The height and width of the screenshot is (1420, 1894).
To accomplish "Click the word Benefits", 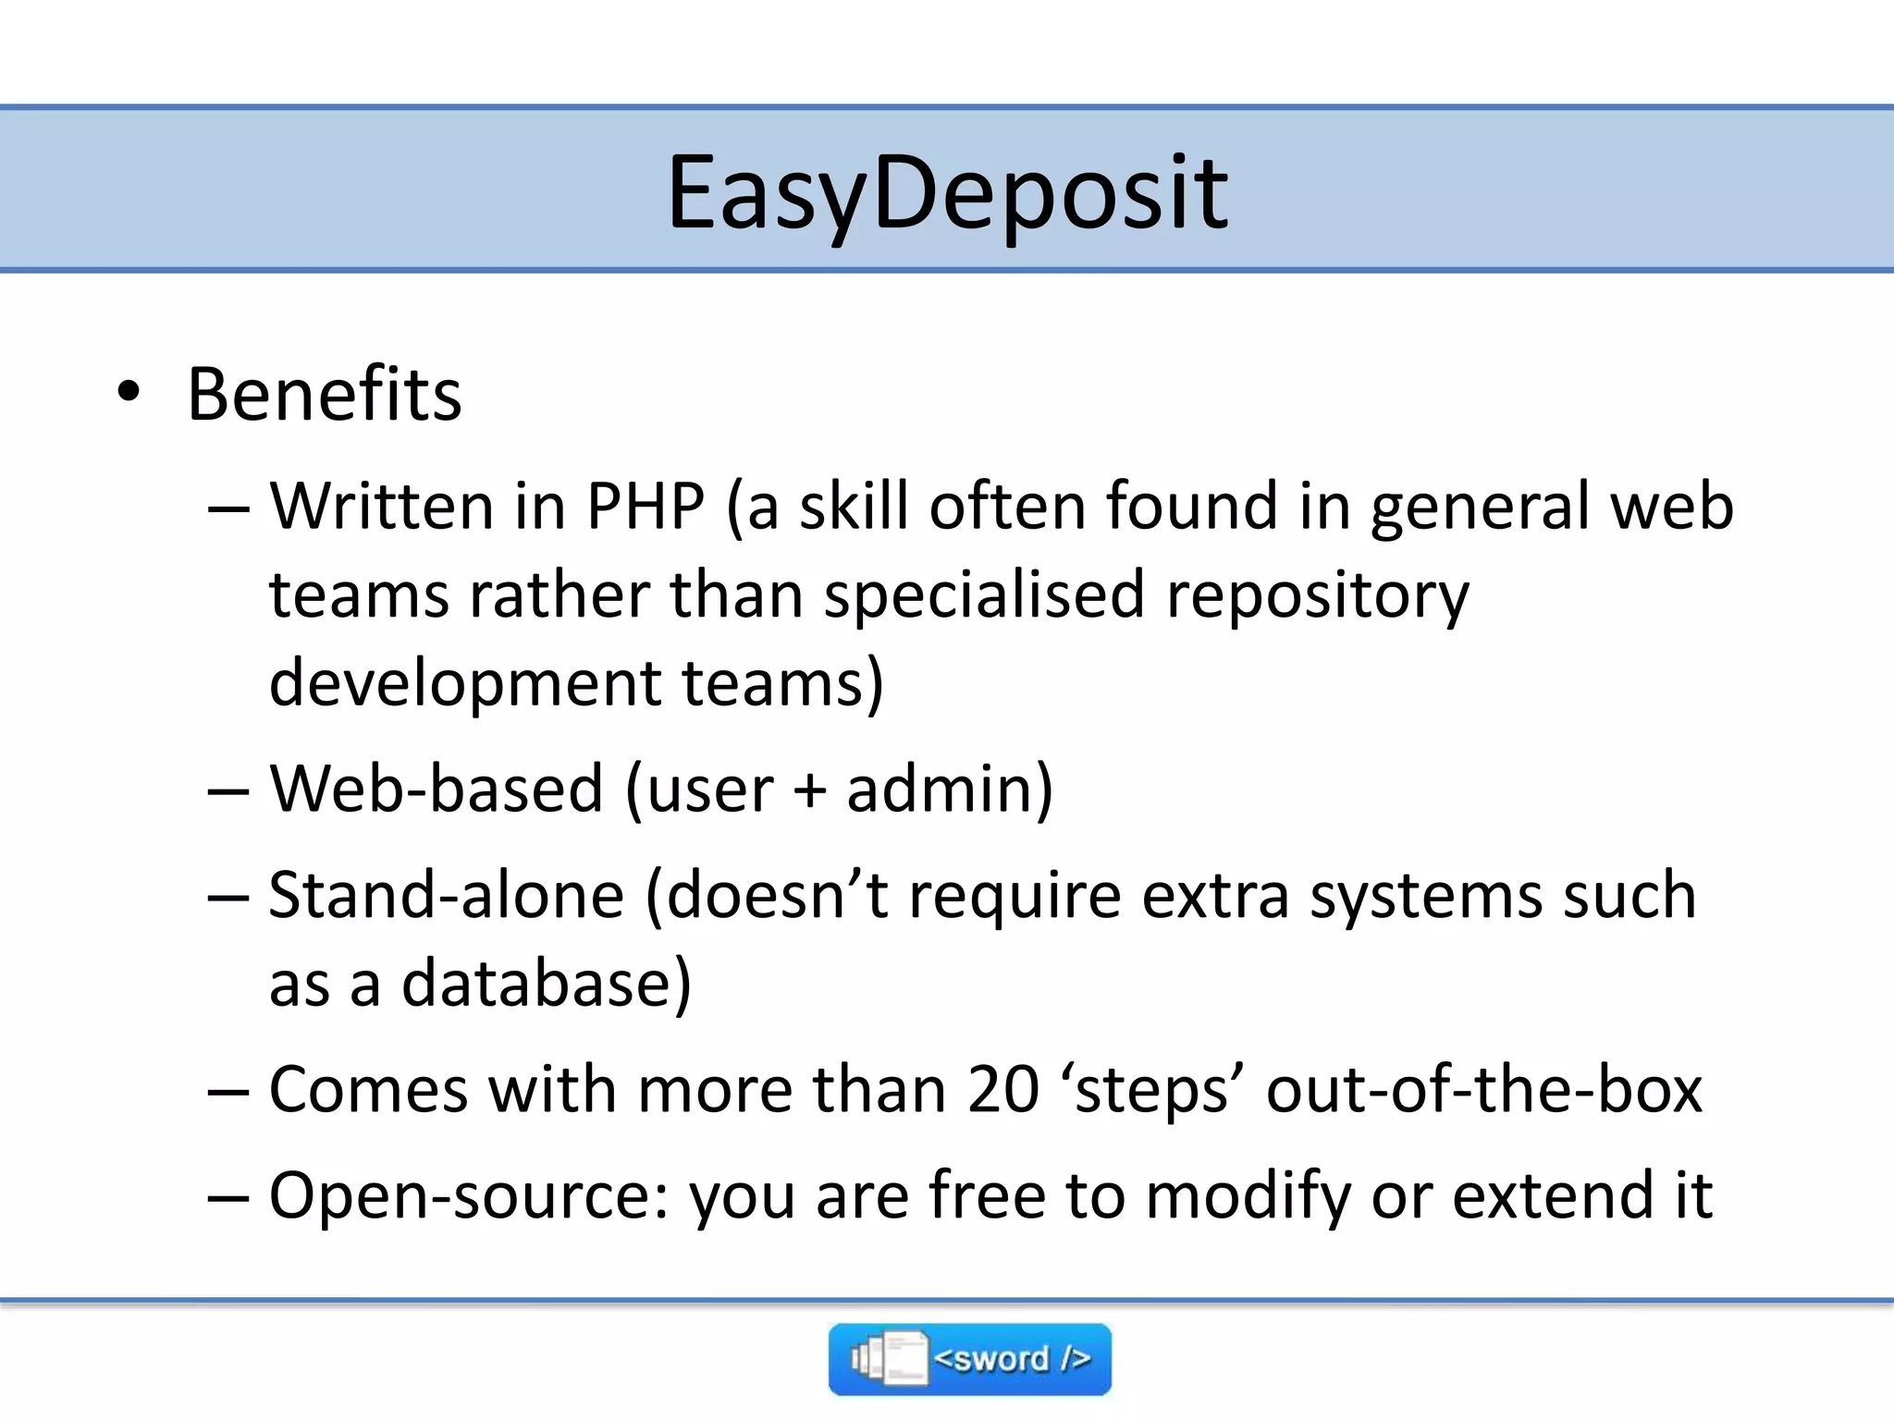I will point(324,395).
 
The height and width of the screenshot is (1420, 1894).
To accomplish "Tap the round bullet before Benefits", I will point(129,391).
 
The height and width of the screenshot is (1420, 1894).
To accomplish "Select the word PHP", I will point(646,507).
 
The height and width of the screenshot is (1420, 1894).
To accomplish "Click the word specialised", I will point(984,594).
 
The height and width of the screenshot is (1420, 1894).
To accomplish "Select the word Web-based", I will point(437,790).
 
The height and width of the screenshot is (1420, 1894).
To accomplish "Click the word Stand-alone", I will point(446,895).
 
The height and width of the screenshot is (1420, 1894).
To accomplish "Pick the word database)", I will point(546,984).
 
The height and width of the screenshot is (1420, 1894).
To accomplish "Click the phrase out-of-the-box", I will point(1483,1090).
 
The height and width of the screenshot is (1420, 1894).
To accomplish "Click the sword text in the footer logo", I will point(1012,1359).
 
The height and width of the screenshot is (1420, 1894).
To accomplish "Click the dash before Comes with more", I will point(228,1092).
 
